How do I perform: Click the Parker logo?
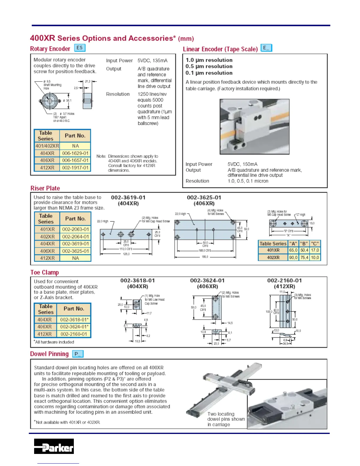tap(54, 446)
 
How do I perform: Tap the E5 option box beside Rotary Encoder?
tap(79, 48)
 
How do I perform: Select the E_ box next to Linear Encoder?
tap(266, 48)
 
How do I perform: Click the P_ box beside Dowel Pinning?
tap(78, 354)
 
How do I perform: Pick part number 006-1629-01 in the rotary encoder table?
tap(75, 153)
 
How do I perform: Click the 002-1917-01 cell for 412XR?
tap(75, 168)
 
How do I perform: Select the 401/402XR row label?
tap(47, 146)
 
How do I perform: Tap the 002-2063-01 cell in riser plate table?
tap(75, 229)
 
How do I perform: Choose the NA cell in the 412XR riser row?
tap(75, 258)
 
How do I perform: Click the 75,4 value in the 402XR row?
tap(304, 257)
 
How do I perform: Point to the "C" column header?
tap(315, 244)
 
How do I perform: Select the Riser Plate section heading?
tap(45, 188)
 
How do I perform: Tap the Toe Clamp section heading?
tap(45, 272)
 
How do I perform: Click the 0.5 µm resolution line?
tap(209, 66)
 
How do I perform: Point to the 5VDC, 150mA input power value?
tap(242, 164)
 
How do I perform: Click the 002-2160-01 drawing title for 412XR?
tap(284, 281)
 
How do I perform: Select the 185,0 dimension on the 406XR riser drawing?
tap(205, 257)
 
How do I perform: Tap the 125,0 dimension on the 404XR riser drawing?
tap(126, 254)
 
